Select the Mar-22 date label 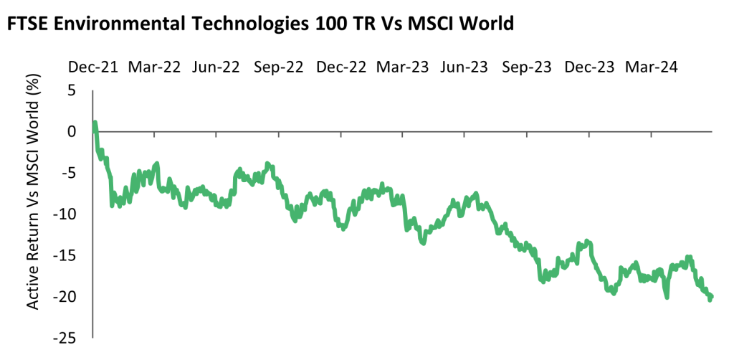[153, 67]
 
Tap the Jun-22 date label [216, 67]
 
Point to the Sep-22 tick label [279, 67]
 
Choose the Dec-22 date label [341, 67]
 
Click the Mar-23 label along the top [403, 67]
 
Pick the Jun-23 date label [464, 67]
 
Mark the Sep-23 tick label [527, 67]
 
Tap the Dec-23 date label [589, 67]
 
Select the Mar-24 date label [651, 67]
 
